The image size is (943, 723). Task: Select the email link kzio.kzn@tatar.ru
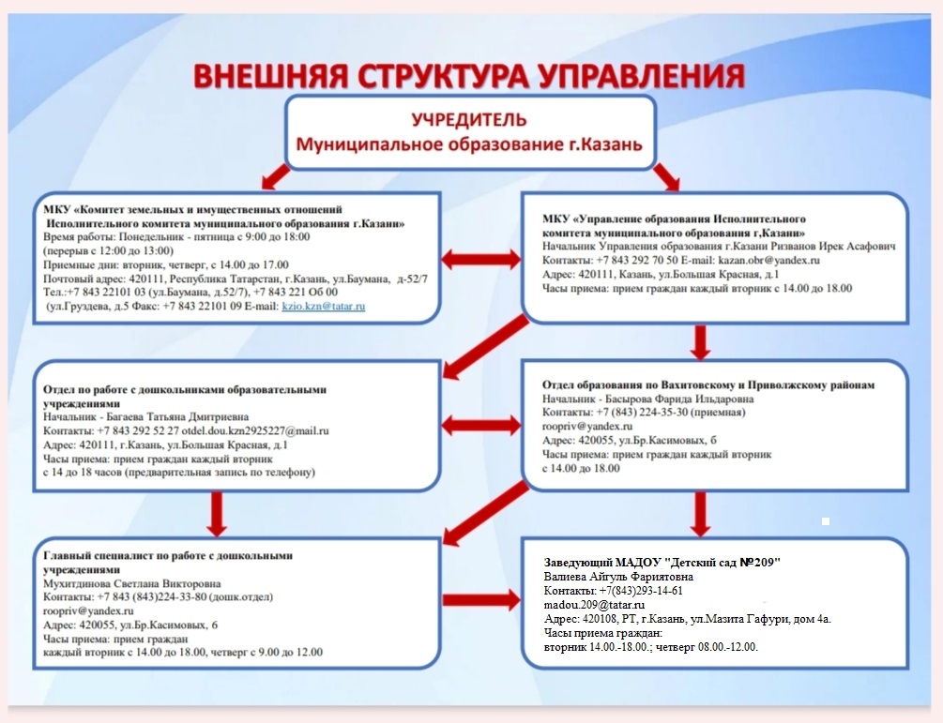tap(324, 307)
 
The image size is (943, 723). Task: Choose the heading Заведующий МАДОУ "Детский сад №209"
tap(662, 562)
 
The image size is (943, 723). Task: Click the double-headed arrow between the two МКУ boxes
tap(481, 258)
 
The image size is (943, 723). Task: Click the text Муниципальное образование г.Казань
tap(470, 144)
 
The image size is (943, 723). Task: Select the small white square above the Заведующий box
tap(825, 520)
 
